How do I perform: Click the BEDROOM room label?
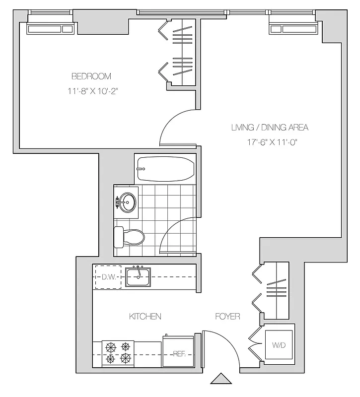coord(91,76)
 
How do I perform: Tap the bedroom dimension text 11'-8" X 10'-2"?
coord(92,91)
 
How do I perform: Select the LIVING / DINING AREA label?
coord(270,128)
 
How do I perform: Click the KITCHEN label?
coord(145,316)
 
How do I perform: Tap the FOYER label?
coord(227,316)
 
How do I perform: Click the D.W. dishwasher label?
coord(109,277)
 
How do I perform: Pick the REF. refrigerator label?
coord(179,354)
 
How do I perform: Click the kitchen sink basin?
coord(138,276)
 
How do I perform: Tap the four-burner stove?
coord(118,352)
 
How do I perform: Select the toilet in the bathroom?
coord(129,238)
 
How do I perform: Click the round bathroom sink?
coord(128,201)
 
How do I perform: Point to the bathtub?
coord(165,170)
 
